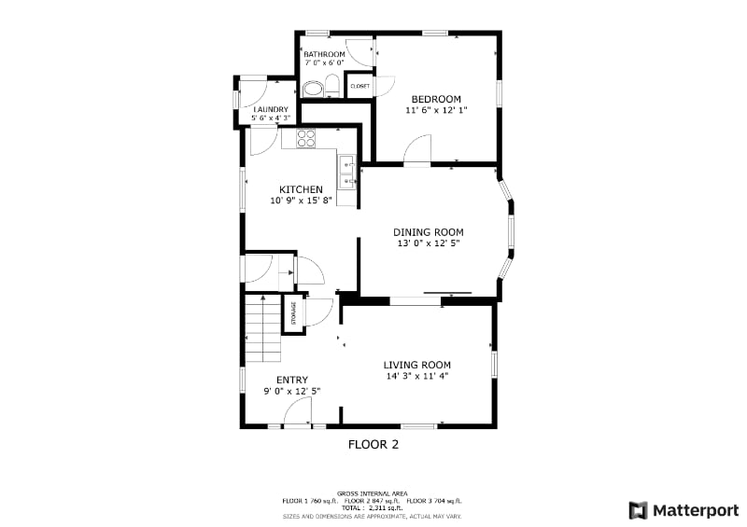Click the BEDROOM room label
[x=436, y=99]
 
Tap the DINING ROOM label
[x=428, y=232]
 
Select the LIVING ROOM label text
[x=416, y=365]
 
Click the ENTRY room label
[x=291, y=380]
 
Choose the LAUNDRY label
[x=271, y=110]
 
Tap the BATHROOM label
[x=324, y=55]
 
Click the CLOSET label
[x=359, y=87]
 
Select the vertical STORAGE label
[x=293, y=312]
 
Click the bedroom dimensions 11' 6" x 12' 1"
[x=436, y=110]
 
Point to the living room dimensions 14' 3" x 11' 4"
[x=416, y=376]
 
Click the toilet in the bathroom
[x=316, y=90]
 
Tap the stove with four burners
[x=306, y=138]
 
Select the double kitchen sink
[x=347, y=173]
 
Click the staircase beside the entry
[x=262, y=328]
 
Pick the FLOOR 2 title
[x=373, y=445]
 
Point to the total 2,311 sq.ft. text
[x=374, y=507]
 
